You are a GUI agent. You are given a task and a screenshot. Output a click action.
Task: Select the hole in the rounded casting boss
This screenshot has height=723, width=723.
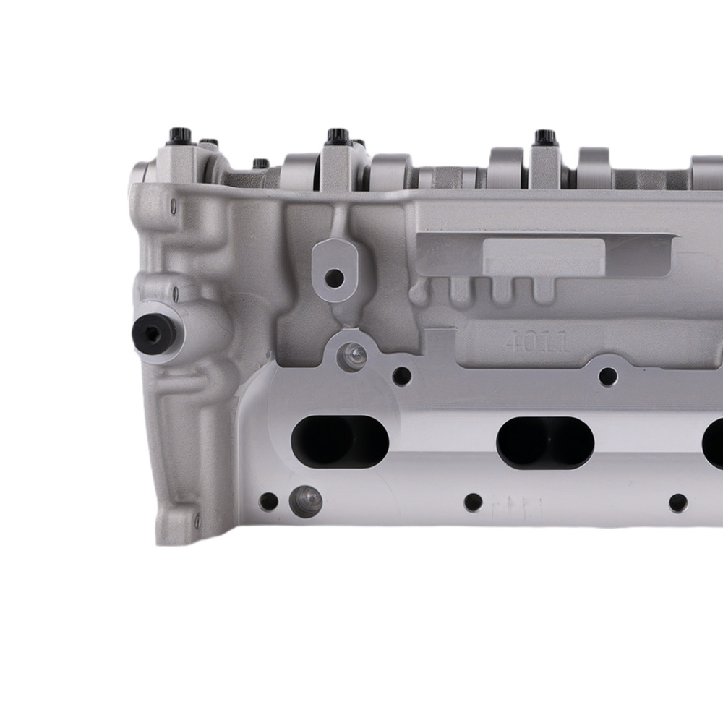pyautogui.click(x=334, y=276)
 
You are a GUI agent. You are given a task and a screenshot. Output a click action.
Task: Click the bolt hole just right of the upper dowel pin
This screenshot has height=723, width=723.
pyautogui.click(x=401, y=376)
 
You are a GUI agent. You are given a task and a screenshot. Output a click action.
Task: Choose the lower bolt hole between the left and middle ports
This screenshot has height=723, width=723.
pyautogui.click(x=473, y=502)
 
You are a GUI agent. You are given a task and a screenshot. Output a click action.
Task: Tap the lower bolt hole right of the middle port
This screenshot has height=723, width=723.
pyautogui.click(x=677, y=503)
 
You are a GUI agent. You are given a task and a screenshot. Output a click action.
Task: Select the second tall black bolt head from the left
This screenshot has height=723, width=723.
pyautogui.click(x=335, y=137)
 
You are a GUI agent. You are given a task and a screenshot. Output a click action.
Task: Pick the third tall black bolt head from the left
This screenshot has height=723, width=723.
pyautogui.click(x=544, y=137)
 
